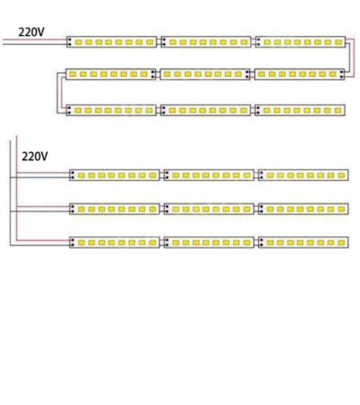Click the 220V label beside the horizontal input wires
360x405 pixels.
pos(31,32)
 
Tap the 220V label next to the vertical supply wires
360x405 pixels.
pos(35,157)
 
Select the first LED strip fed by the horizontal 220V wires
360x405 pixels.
pos(112,42)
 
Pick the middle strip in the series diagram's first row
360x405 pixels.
pos(206,42)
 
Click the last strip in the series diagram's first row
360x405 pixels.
pos(301,42)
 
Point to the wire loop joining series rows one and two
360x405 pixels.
pos(352,58)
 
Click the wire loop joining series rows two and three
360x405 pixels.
pos(59,92)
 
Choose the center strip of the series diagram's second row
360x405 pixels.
pos(205,74)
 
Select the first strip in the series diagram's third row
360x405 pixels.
pos(112,111)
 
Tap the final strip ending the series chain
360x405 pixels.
pos(300,111)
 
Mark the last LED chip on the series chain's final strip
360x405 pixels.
pos(338,111)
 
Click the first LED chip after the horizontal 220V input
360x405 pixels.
pos(78,42)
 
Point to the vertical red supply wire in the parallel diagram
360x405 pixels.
pos(17,188)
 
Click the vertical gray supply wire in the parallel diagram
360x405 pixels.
pos(10,193)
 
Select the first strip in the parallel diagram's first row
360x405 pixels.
pos(114,175)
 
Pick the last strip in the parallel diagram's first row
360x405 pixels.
pos(303,175)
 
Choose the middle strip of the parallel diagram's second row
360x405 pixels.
pos(209,209)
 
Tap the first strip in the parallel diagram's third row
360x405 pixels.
pos(114,242)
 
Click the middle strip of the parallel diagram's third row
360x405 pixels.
pos(209,242)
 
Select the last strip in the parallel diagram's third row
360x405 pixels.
pos(303,242)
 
